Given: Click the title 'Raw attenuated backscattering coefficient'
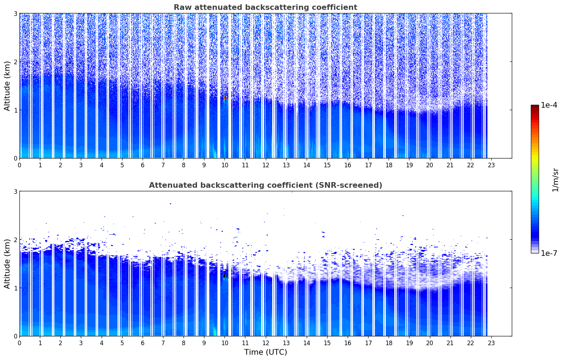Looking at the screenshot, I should (x=265, y=7).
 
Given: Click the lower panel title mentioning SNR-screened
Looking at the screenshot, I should (x=265, y=185).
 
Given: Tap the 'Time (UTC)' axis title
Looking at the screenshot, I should (x=265, y=352).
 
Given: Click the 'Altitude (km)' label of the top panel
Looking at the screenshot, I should (x=7, y=86).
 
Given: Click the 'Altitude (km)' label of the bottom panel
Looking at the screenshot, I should (x=7, y=264).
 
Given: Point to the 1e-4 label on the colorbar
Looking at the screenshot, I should (x=549, y=105).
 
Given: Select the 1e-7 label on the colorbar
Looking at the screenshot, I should (x=549, y=253).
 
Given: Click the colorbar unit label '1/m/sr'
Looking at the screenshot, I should (x=555, y=179).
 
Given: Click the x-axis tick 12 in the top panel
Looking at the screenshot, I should (x=265, y=165).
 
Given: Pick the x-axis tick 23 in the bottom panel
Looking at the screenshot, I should (x=491, y=343).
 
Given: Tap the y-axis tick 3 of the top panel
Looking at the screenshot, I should (x=15, y=13).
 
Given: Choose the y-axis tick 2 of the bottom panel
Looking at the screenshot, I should (x=15, y=240).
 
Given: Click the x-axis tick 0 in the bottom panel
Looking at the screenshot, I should (x=19, y=343).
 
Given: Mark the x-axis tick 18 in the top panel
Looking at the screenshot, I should (x=389, y=165).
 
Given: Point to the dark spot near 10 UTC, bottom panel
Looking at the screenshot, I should (x=224, y=275).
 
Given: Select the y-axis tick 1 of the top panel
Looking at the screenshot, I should (x=15, y=110).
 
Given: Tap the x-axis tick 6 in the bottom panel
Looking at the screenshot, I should (x=143, y=343).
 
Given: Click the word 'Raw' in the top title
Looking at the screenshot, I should (x=182, y=7).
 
